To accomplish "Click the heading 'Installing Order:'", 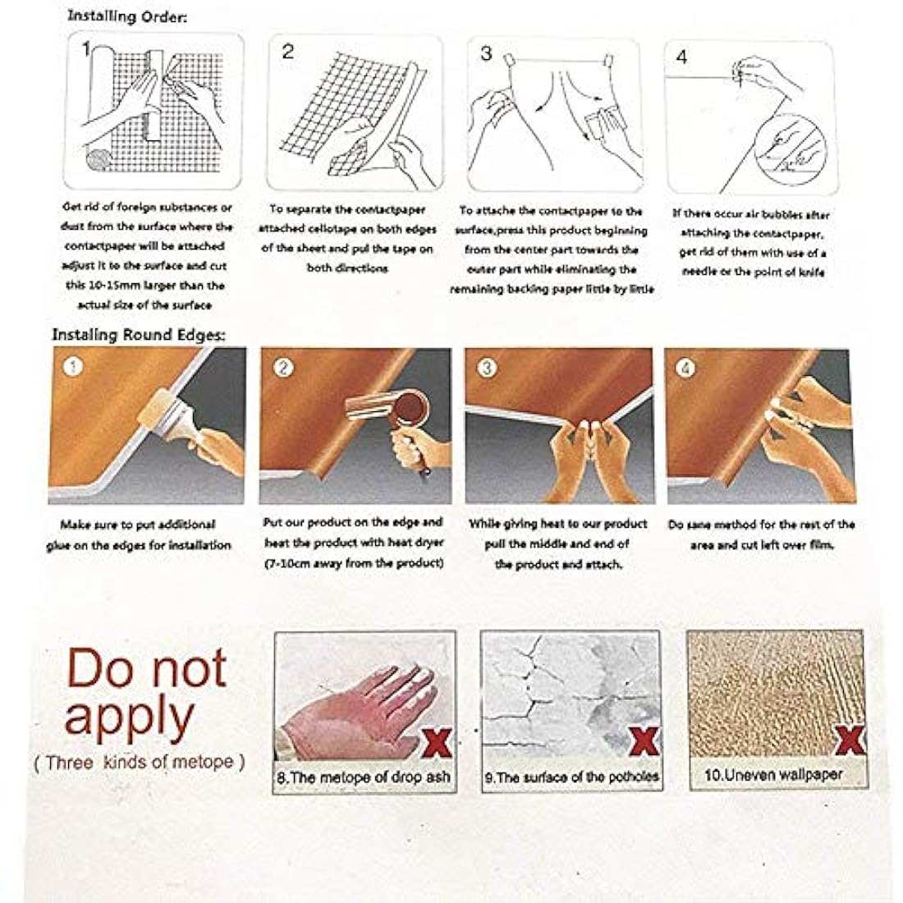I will [127, 16].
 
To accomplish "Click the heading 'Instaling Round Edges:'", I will [139, 334].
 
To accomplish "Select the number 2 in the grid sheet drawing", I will [287, 52].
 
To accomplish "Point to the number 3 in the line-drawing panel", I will [486, 53].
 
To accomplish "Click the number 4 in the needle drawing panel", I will [681, 57].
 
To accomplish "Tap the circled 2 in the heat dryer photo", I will [284, 368].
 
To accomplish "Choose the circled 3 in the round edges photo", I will [488, 368].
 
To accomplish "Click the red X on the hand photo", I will [435, 744].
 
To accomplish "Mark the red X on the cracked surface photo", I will [644, 743].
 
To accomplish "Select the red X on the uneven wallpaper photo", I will [850, 741].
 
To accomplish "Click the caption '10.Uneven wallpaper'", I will [773, 774].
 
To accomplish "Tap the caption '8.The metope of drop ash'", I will [364, 777].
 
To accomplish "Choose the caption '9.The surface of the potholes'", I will [571, 776].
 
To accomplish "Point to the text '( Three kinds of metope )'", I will [140, 762].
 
